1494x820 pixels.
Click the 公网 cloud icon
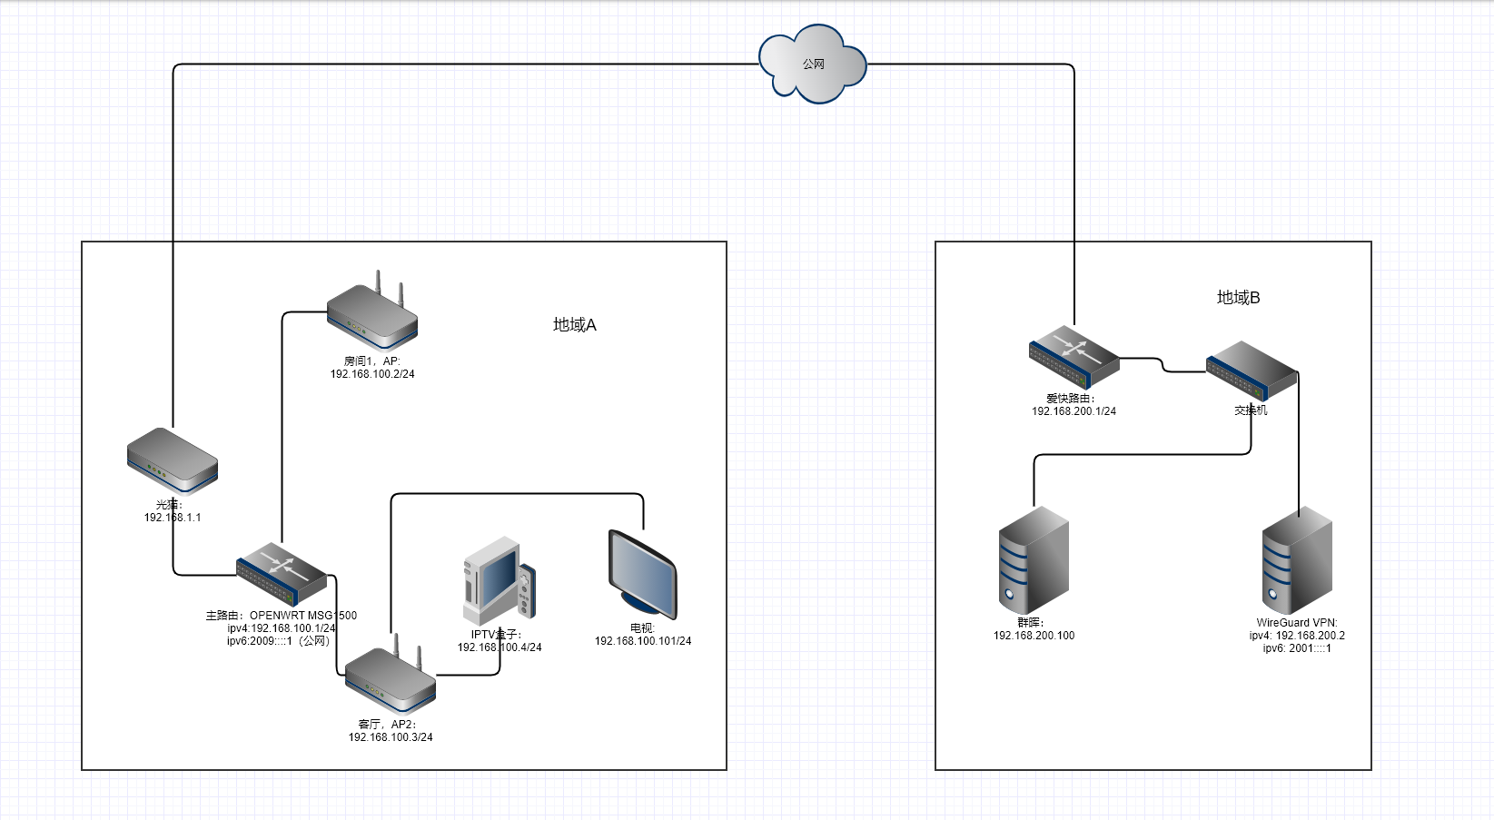(x=813, y=64)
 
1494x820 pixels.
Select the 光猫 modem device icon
(x=173, y=459)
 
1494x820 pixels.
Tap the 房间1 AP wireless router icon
(x=372, y=316)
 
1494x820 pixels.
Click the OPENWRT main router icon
(x=282, y=574)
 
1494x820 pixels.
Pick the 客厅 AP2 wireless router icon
(x=391, y=679)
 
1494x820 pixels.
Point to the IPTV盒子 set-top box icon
(x=499, y=581)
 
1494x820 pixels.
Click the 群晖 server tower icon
(x=1034, y=560)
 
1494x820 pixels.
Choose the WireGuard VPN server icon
(x=1297, y=560)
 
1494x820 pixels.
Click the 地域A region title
(x=575, y=325)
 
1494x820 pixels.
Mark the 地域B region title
(x=1238, y=298)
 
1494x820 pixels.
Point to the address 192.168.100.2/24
(x=372, y=374)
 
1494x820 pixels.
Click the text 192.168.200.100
(x=1034, y=636)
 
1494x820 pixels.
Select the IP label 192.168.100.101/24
(x=643, y=641)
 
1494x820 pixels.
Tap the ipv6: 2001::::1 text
(x=1297, y=648)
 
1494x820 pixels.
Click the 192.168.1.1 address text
(x=173, y=518)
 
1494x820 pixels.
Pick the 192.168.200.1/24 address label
(x=1074, y=411)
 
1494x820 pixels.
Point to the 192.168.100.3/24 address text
(x=391, y=737)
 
